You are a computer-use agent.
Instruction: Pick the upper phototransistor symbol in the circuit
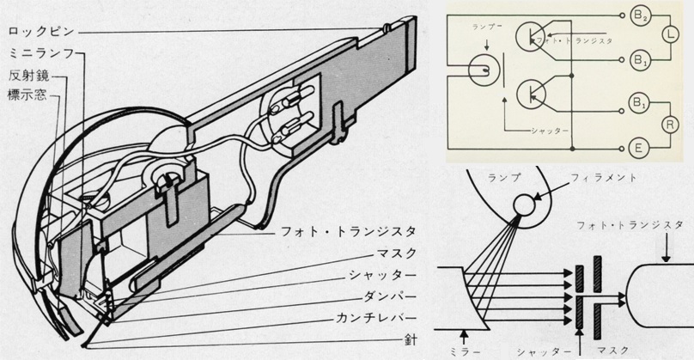pos(533,36)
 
